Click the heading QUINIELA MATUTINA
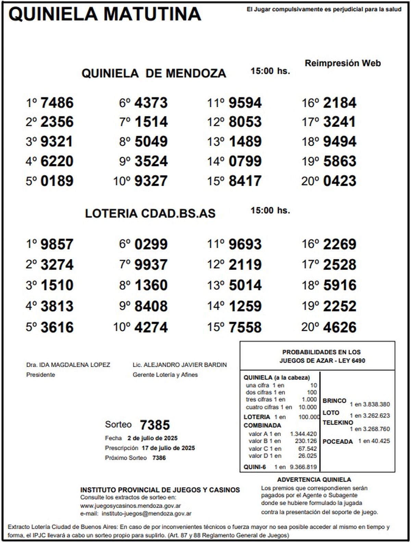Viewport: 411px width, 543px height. tap(105, 14)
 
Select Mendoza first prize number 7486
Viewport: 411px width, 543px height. tap(57, 103)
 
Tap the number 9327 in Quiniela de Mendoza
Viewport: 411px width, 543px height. tap(151, 181)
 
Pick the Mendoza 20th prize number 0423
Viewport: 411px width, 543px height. tap(340, 181)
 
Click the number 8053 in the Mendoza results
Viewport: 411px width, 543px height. tap(245, 122)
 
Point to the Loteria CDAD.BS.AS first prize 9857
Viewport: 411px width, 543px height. tap(57, 245)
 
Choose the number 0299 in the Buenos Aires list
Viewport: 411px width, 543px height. tap(151, 245)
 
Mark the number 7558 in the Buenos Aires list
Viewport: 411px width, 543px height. tap(245, 327)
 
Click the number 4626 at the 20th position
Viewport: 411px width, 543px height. tap(340, 327)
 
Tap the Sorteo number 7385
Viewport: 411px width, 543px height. tap(155, 425)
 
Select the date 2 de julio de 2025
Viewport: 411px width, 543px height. tap(152, 438)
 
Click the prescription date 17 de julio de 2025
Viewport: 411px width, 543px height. tap(168, 448)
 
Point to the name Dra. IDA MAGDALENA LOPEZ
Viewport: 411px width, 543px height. tap(68, 365)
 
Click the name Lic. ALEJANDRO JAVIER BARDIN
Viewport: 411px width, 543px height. tap(179, 365)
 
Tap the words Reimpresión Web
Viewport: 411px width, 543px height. tap(342, 63)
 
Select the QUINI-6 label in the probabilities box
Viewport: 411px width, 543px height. tap(254, 467)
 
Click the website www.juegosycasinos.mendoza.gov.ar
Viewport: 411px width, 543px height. tap(130, 506)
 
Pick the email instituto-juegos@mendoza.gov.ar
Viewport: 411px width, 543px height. tap(147, 514)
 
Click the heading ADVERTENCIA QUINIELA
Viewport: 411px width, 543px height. tap(314, 480)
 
